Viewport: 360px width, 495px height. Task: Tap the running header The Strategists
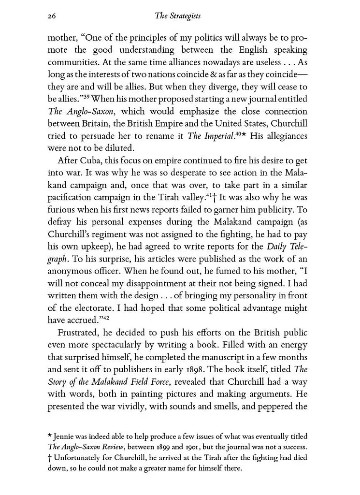point(177,16)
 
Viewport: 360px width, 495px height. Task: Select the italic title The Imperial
point(207,136)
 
